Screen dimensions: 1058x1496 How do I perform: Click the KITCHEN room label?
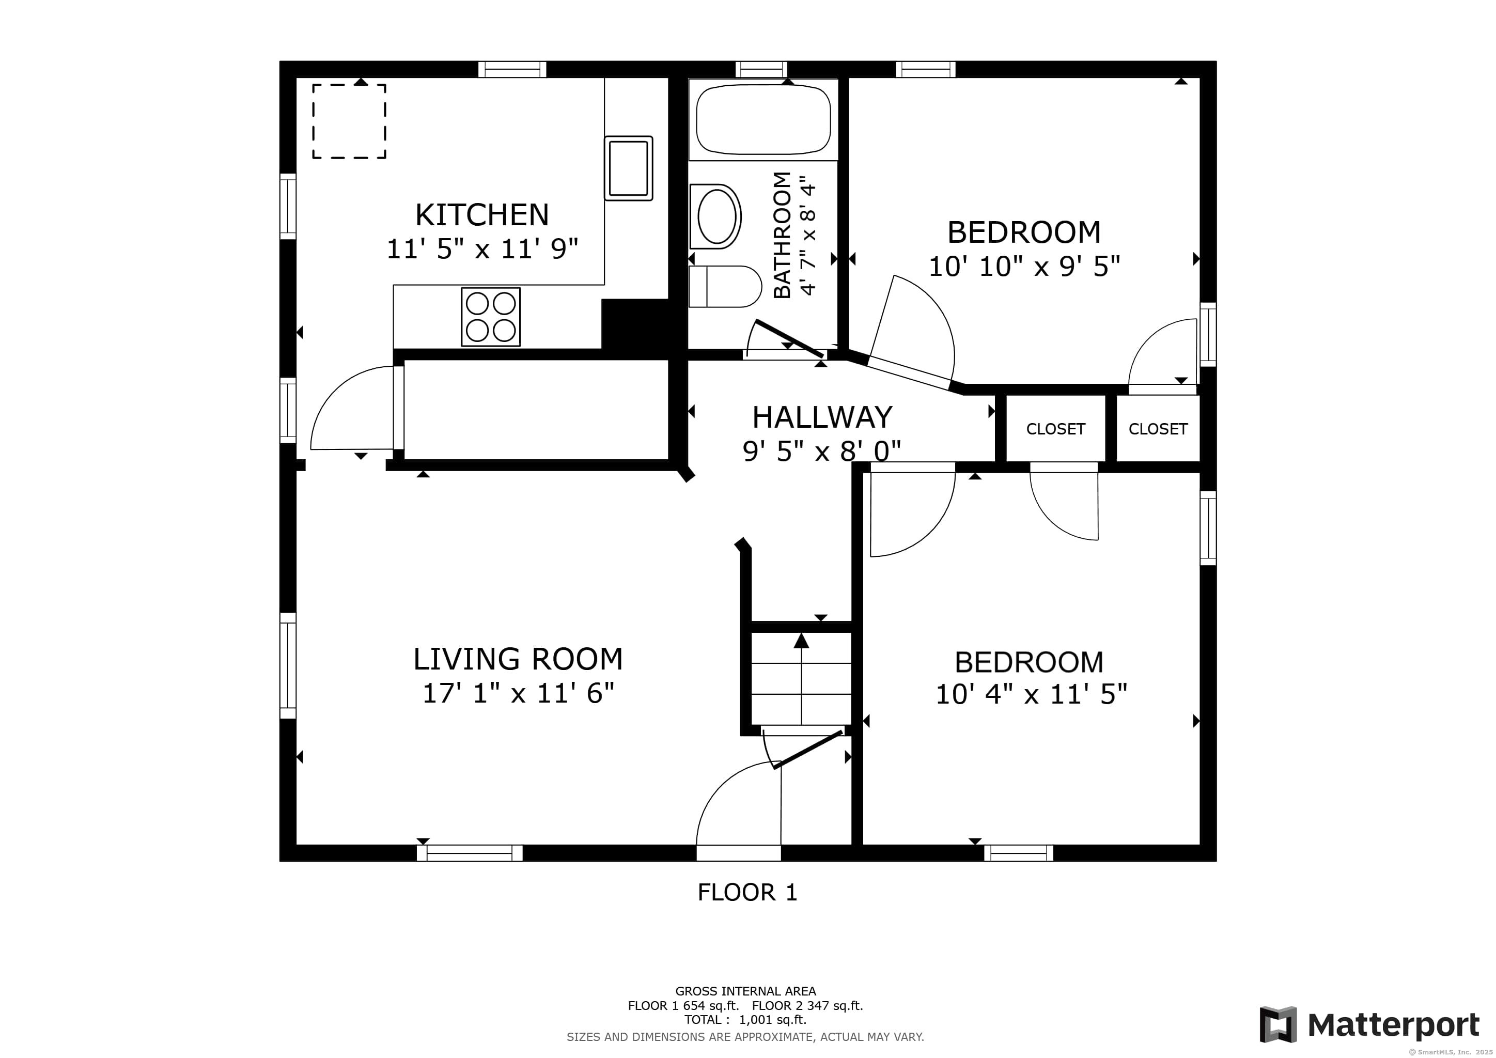point(481,215)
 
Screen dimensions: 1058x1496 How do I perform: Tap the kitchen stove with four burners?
point(491,317)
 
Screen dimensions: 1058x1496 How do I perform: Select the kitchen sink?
point(628,168)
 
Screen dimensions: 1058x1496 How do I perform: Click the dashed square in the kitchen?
point(349,121)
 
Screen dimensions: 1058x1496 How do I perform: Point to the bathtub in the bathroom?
point(763,120)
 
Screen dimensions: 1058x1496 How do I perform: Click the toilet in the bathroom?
point(725,286)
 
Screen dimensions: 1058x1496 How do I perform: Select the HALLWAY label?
point(822,417)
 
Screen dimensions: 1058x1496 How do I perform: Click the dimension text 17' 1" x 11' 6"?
point(518,693)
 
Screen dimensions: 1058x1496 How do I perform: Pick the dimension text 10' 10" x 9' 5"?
point(1024,267)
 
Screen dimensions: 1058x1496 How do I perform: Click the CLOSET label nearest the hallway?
point(1055,429)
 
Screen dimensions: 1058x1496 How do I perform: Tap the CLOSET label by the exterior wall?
point(1158,429)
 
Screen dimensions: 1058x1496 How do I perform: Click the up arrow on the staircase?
point(801,641)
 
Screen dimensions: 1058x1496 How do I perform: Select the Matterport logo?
point(1369,1025)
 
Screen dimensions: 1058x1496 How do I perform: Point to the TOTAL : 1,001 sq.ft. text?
point(745,1020)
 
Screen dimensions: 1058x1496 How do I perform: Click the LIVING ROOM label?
point(518,659)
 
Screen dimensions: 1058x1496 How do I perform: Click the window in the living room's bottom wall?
point(469,853)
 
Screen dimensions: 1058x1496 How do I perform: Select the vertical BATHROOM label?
point(782,235)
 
